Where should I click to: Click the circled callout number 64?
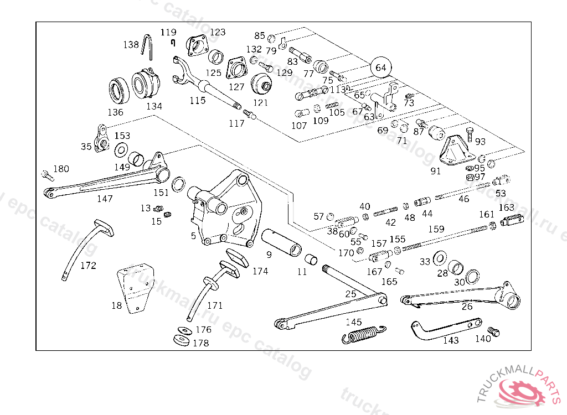[x=380, y=68]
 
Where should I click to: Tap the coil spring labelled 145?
[x=364, y=335]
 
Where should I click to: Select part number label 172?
[x=88, y=266]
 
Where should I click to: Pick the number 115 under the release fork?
[x=197, y=101]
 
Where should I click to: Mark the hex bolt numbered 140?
[x=496, y=331]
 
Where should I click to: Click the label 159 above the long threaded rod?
[x=436, y=229]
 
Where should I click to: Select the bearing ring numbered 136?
[x=118, y=91]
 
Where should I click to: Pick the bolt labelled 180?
[x=45, y=175]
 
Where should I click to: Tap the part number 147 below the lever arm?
[x=105, y=199]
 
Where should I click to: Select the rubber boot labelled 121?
[x=261, y=84]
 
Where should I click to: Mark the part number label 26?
[x=467, y=307]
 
